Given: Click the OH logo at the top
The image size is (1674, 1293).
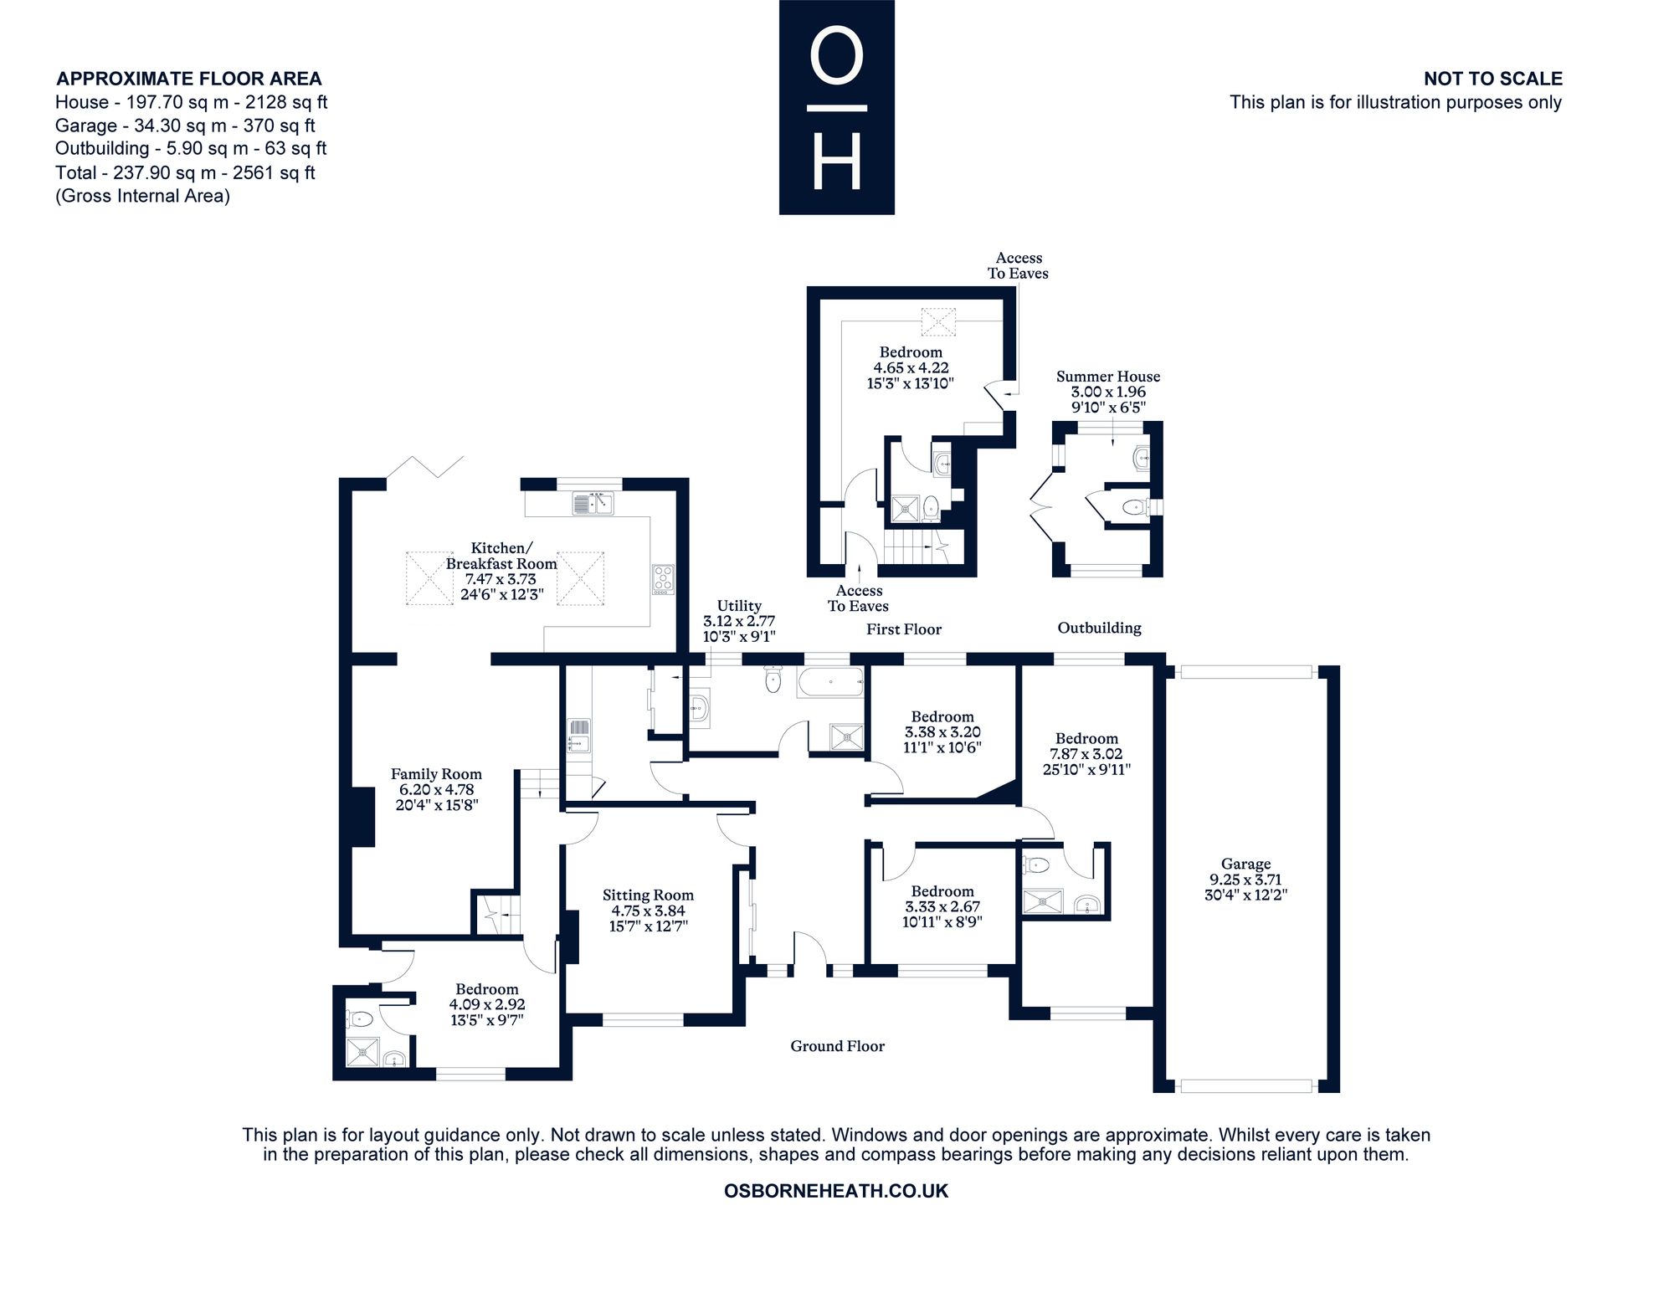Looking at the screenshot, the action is point(837,107).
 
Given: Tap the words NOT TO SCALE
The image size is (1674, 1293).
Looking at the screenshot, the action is point(1493,79).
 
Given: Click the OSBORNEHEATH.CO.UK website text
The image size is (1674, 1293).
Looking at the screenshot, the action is point(836,1191).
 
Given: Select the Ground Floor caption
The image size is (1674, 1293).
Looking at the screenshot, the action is point(838,1046).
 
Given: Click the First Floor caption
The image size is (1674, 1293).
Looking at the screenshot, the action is point(904,629).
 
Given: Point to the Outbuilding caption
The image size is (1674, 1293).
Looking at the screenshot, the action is point(1099,628).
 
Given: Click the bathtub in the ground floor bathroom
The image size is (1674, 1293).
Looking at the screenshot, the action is point(830,683).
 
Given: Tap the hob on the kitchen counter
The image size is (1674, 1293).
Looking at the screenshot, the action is point(664,580).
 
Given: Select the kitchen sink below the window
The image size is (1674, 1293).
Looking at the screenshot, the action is point(593,504).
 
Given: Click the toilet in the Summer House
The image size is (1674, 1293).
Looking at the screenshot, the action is point(1134,505).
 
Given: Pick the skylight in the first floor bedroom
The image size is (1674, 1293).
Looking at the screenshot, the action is point(938,321).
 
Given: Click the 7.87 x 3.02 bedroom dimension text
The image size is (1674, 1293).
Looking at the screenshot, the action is point(1086,754).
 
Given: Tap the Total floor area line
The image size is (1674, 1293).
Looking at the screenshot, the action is point(185,173).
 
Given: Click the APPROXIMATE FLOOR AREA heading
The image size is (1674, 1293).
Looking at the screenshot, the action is point(188,79).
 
